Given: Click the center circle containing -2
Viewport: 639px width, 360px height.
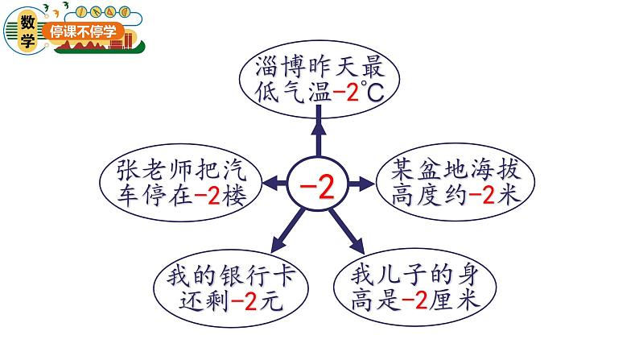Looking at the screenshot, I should pyautogui.click(x=320, y=184).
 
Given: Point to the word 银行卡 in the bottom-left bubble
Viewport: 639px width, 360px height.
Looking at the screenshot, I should pyautogui.click(x=257, y=276).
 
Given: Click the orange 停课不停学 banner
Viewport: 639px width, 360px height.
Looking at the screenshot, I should pyautogui.click(x=84, y=31).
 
